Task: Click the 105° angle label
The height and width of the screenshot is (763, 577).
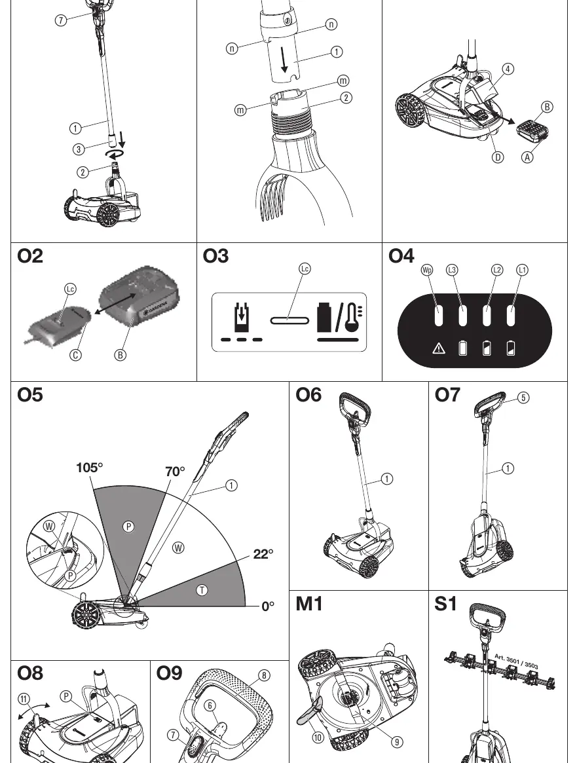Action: [x=90, y=468]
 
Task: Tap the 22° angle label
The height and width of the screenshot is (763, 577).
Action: [x=263, y=554]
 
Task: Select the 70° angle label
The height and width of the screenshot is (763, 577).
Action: [x=175, y=472]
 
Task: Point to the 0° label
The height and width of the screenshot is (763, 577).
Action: [x=268, y=606]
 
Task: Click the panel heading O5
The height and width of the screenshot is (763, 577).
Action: [x=30, y=395]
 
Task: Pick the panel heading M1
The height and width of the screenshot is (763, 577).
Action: [x=309, y=604]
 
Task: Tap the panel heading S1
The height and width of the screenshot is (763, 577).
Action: [x=445, y=604]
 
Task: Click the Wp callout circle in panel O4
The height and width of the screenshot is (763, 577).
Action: [x=426, y=270]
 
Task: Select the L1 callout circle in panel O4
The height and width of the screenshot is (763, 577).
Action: [x=522, y=270]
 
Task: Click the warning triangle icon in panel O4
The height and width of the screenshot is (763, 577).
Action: [x=439, y=348]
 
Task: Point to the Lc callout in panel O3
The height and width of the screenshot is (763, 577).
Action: [x=305, y=269]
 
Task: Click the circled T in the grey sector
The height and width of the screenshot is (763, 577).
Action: [x=202, y=590]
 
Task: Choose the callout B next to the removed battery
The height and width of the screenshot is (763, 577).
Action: [x=547, y=107]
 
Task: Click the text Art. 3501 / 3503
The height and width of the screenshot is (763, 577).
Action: [x=516, y=661]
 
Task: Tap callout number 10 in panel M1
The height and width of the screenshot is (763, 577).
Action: [x=318, y=737]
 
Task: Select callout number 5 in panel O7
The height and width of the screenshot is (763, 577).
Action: [x=523, y=398]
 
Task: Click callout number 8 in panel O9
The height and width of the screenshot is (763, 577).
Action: [x=264, y=675]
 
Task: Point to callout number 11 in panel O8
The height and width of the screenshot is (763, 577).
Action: [x=24, y=699]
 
